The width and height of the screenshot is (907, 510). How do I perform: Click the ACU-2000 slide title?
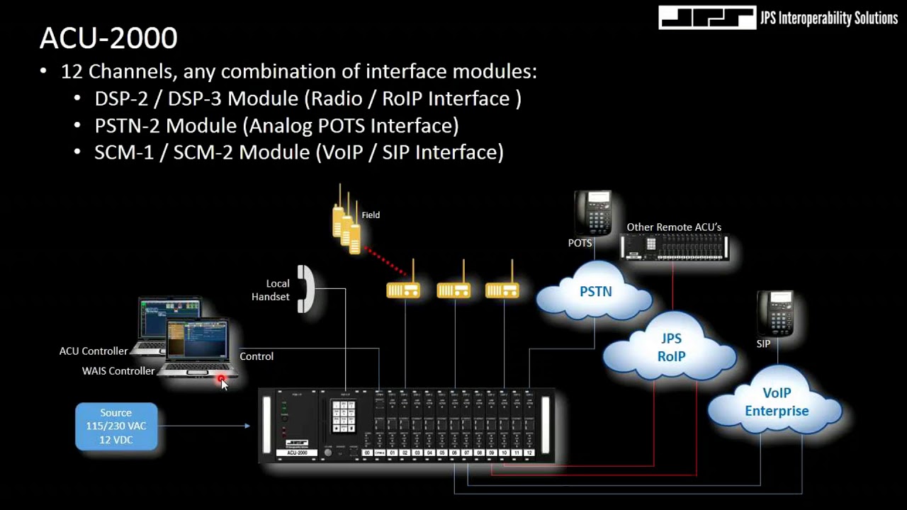point(108,38)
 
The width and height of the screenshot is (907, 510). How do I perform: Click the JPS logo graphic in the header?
point(706,18)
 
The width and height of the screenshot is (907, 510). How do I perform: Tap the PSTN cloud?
point(595,292)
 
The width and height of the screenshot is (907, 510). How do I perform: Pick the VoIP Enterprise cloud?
point(776,402)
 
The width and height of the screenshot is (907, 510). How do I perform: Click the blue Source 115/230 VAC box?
point(116,426)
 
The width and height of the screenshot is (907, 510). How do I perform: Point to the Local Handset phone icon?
point(305,289)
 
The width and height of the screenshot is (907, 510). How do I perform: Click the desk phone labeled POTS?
point(592,212)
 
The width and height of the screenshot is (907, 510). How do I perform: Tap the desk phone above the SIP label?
point(774,314)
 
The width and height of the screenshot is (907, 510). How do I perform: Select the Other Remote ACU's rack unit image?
point(674,246)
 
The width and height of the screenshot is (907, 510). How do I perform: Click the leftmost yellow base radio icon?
point(403,290)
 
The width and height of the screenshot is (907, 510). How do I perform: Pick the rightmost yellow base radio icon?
point(502,290)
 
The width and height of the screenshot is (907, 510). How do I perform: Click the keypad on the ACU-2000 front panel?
point(344,416)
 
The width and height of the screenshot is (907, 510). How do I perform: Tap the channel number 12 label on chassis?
point(529,453)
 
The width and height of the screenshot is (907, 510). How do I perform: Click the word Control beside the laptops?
point(257,356)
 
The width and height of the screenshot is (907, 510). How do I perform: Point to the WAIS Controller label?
point(118,370)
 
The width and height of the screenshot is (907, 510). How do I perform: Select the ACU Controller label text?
point(94,351)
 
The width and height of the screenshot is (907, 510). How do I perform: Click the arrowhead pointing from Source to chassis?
point(247,426)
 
